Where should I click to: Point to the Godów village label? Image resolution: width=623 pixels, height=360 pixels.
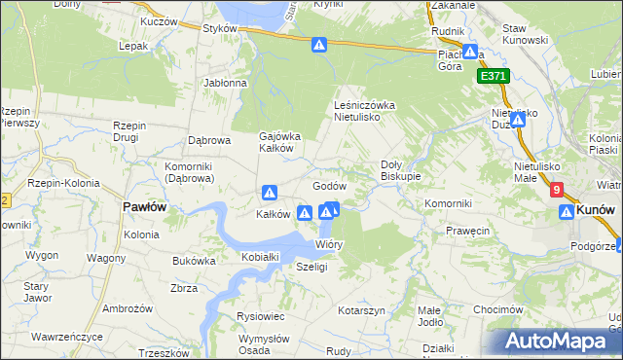tap(330, 186)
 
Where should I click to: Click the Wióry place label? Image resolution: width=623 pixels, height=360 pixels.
tap(329, 244)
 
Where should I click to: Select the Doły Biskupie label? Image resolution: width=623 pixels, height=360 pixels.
tap(400, 170)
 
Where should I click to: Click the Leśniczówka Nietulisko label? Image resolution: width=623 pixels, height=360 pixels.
tap(363, 110)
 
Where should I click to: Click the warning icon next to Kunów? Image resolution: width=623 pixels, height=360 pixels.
tap(567, 211)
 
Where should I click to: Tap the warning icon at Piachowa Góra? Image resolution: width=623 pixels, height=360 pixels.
tap(469, 53)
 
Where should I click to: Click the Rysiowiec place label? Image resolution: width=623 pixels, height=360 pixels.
tap(260, 316)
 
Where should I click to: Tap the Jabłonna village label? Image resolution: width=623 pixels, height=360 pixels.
tap(226, 84)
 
